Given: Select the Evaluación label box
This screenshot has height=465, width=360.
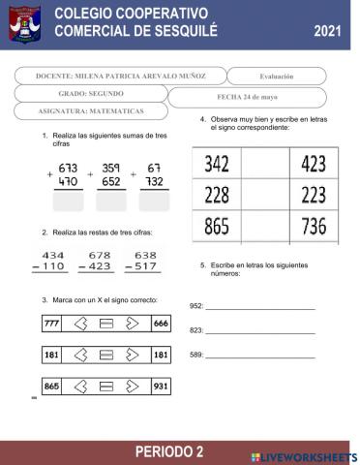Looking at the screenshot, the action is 277,76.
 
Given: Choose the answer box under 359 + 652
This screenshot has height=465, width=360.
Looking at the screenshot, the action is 109,202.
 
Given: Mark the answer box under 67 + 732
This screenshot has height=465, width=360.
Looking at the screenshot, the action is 153,202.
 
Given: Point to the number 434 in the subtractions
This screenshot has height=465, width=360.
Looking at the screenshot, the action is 53,256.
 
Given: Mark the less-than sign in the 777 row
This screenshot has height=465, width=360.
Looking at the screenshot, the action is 80,324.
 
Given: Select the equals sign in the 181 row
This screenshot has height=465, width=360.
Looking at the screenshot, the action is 107,356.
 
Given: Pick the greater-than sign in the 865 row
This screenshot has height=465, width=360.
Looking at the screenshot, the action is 134,387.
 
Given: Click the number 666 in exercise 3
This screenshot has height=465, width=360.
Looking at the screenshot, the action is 162,324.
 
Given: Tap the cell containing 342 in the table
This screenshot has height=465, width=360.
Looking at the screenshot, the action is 217,164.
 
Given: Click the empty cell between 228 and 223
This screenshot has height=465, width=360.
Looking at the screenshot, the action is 266,197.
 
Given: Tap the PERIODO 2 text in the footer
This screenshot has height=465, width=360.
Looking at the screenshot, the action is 169,452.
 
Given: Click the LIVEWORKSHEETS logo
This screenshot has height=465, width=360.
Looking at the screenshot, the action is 303,455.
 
